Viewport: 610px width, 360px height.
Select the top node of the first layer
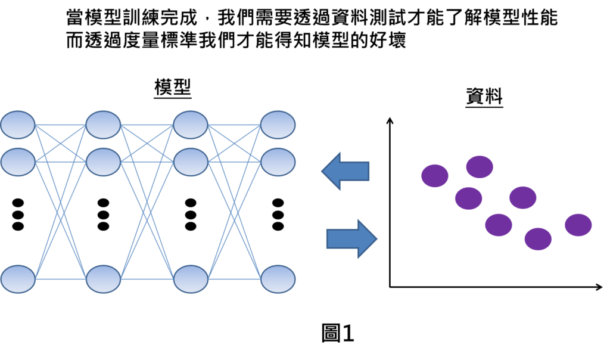tap(18, 125)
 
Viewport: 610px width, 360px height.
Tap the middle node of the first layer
tap(18, 162)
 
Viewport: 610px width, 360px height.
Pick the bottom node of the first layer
tap(18, 279)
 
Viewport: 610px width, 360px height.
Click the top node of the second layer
tap(103, 125)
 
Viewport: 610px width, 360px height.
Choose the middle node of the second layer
tap(103, 162)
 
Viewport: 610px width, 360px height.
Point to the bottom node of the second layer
tap(103, 279)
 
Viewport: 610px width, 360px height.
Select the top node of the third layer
tap(191, 125)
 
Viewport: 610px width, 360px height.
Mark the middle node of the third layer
tap(191, 162)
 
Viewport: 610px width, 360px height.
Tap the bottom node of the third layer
tap(191, 279)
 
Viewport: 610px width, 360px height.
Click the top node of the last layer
tap(278, 125)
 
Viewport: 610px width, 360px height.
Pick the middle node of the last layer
tap(278, 162)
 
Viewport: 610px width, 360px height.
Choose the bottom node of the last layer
tap(278, 279)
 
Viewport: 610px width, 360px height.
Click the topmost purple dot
tap(480, 167)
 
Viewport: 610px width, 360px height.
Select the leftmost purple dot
tap(435, 176)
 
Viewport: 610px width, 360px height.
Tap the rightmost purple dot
tap(578, 225)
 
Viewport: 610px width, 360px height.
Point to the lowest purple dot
tap(538, 239)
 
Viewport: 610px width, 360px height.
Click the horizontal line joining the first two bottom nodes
tap(60, 279)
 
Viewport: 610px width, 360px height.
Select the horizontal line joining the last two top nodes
tap(234, 125)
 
